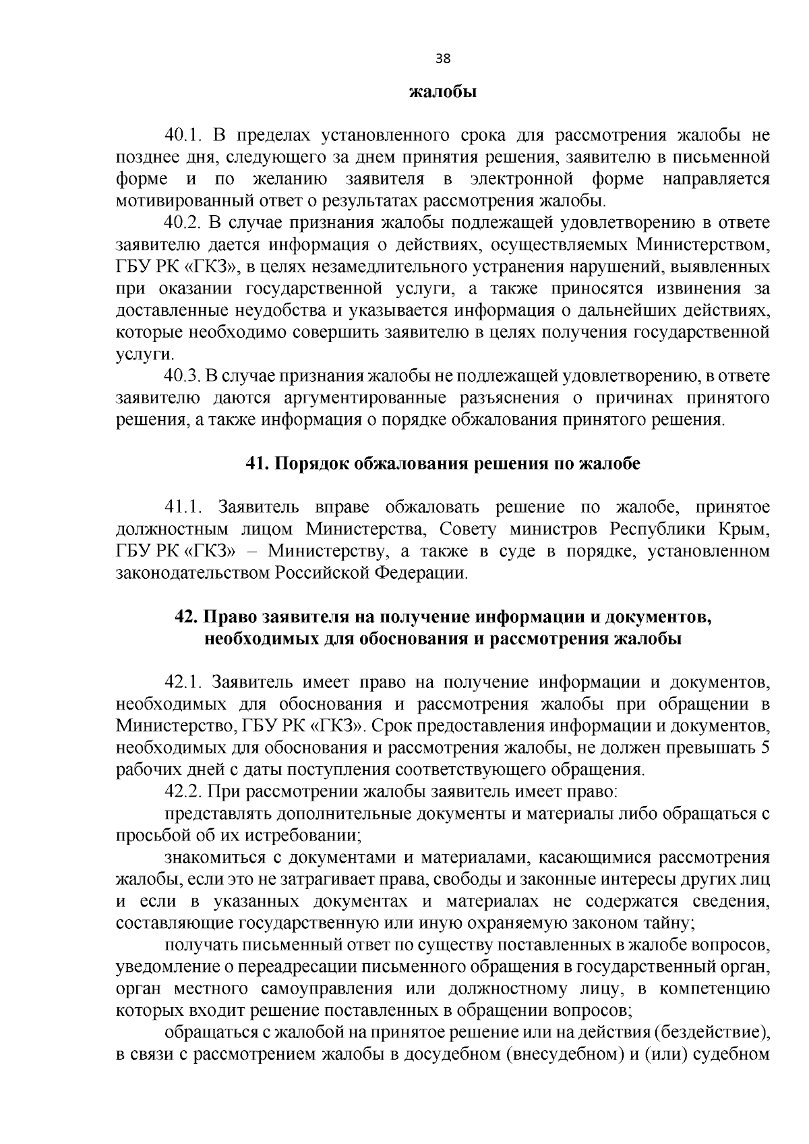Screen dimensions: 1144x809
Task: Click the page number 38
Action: point(443,58)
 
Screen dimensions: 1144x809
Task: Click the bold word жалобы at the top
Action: point(443,92)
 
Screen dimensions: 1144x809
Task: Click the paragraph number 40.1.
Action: point(184,136)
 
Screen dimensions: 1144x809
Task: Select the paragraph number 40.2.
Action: point(184,223)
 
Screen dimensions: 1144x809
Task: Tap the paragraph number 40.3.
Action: point(184,376)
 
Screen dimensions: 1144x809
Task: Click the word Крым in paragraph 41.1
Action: point(746,529)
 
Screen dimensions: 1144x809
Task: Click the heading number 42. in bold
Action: point(186,617)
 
